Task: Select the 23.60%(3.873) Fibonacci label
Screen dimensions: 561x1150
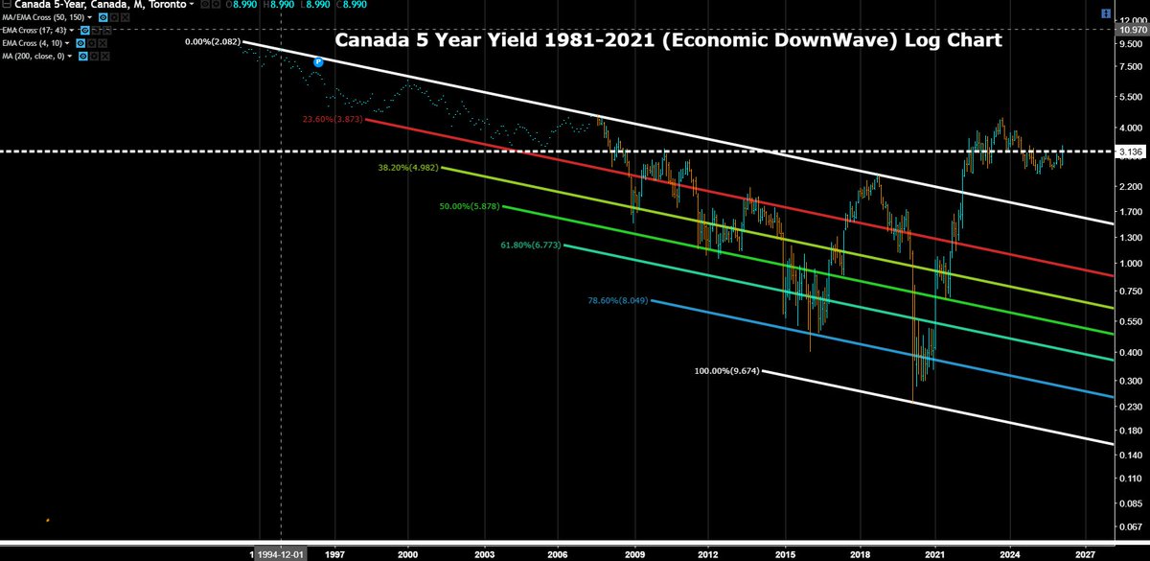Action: click(333, 118)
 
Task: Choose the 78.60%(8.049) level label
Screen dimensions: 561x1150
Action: click(618, 300)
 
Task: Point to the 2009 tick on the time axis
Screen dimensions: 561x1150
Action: click(633, 553)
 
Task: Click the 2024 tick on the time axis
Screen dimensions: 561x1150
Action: click(1009, 553)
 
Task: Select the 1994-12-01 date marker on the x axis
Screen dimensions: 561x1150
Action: click(280, 553)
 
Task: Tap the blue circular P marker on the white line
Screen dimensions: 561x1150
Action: click(318, 61)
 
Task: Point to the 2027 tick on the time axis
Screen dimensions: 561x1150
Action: click(1085, 553)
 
